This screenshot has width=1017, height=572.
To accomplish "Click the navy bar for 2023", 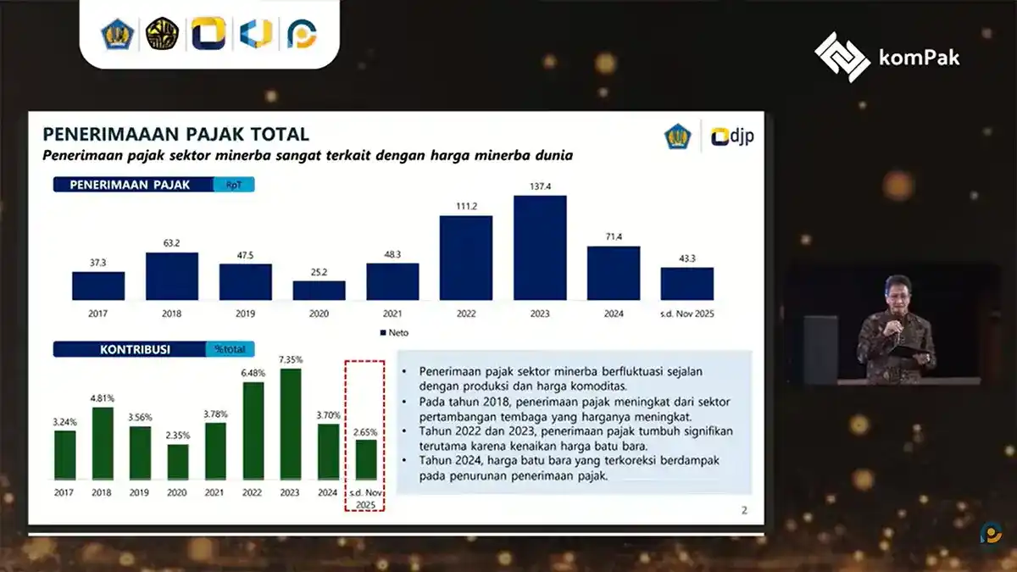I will pyautogui.click(x=540, y=247).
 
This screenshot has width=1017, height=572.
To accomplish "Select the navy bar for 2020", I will pyautogui.click(x=319, y=290).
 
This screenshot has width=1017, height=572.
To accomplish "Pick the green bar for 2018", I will pyautogui.click(x=102, y=443).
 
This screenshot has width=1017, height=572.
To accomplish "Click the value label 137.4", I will pyautogui.click(x=540, y=186).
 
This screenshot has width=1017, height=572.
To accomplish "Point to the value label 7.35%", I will pyautogui.click(x=290, y=359).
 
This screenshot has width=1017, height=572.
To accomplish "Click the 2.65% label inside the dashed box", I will pyautogui.click(x=365, y=431).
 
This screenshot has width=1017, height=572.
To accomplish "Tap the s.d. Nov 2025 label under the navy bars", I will pyautogui.click(x=686, y=314).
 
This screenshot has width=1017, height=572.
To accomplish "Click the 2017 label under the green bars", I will pyautogui.click(x=64, y=491).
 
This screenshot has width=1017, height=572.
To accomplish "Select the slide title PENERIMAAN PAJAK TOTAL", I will pyautogui.click(x=175, y=135).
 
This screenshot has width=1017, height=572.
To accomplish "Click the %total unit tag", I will pyautogui.click(x=229, y=349).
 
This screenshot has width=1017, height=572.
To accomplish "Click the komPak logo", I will pyautogui.click(x=887, y=57).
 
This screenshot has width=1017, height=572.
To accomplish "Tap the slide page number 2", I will pyautogui.click(x=744, y=509).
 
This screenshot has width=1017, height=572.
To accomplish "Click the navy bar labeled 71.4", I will pyautogui.click(x=613, y=273).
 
